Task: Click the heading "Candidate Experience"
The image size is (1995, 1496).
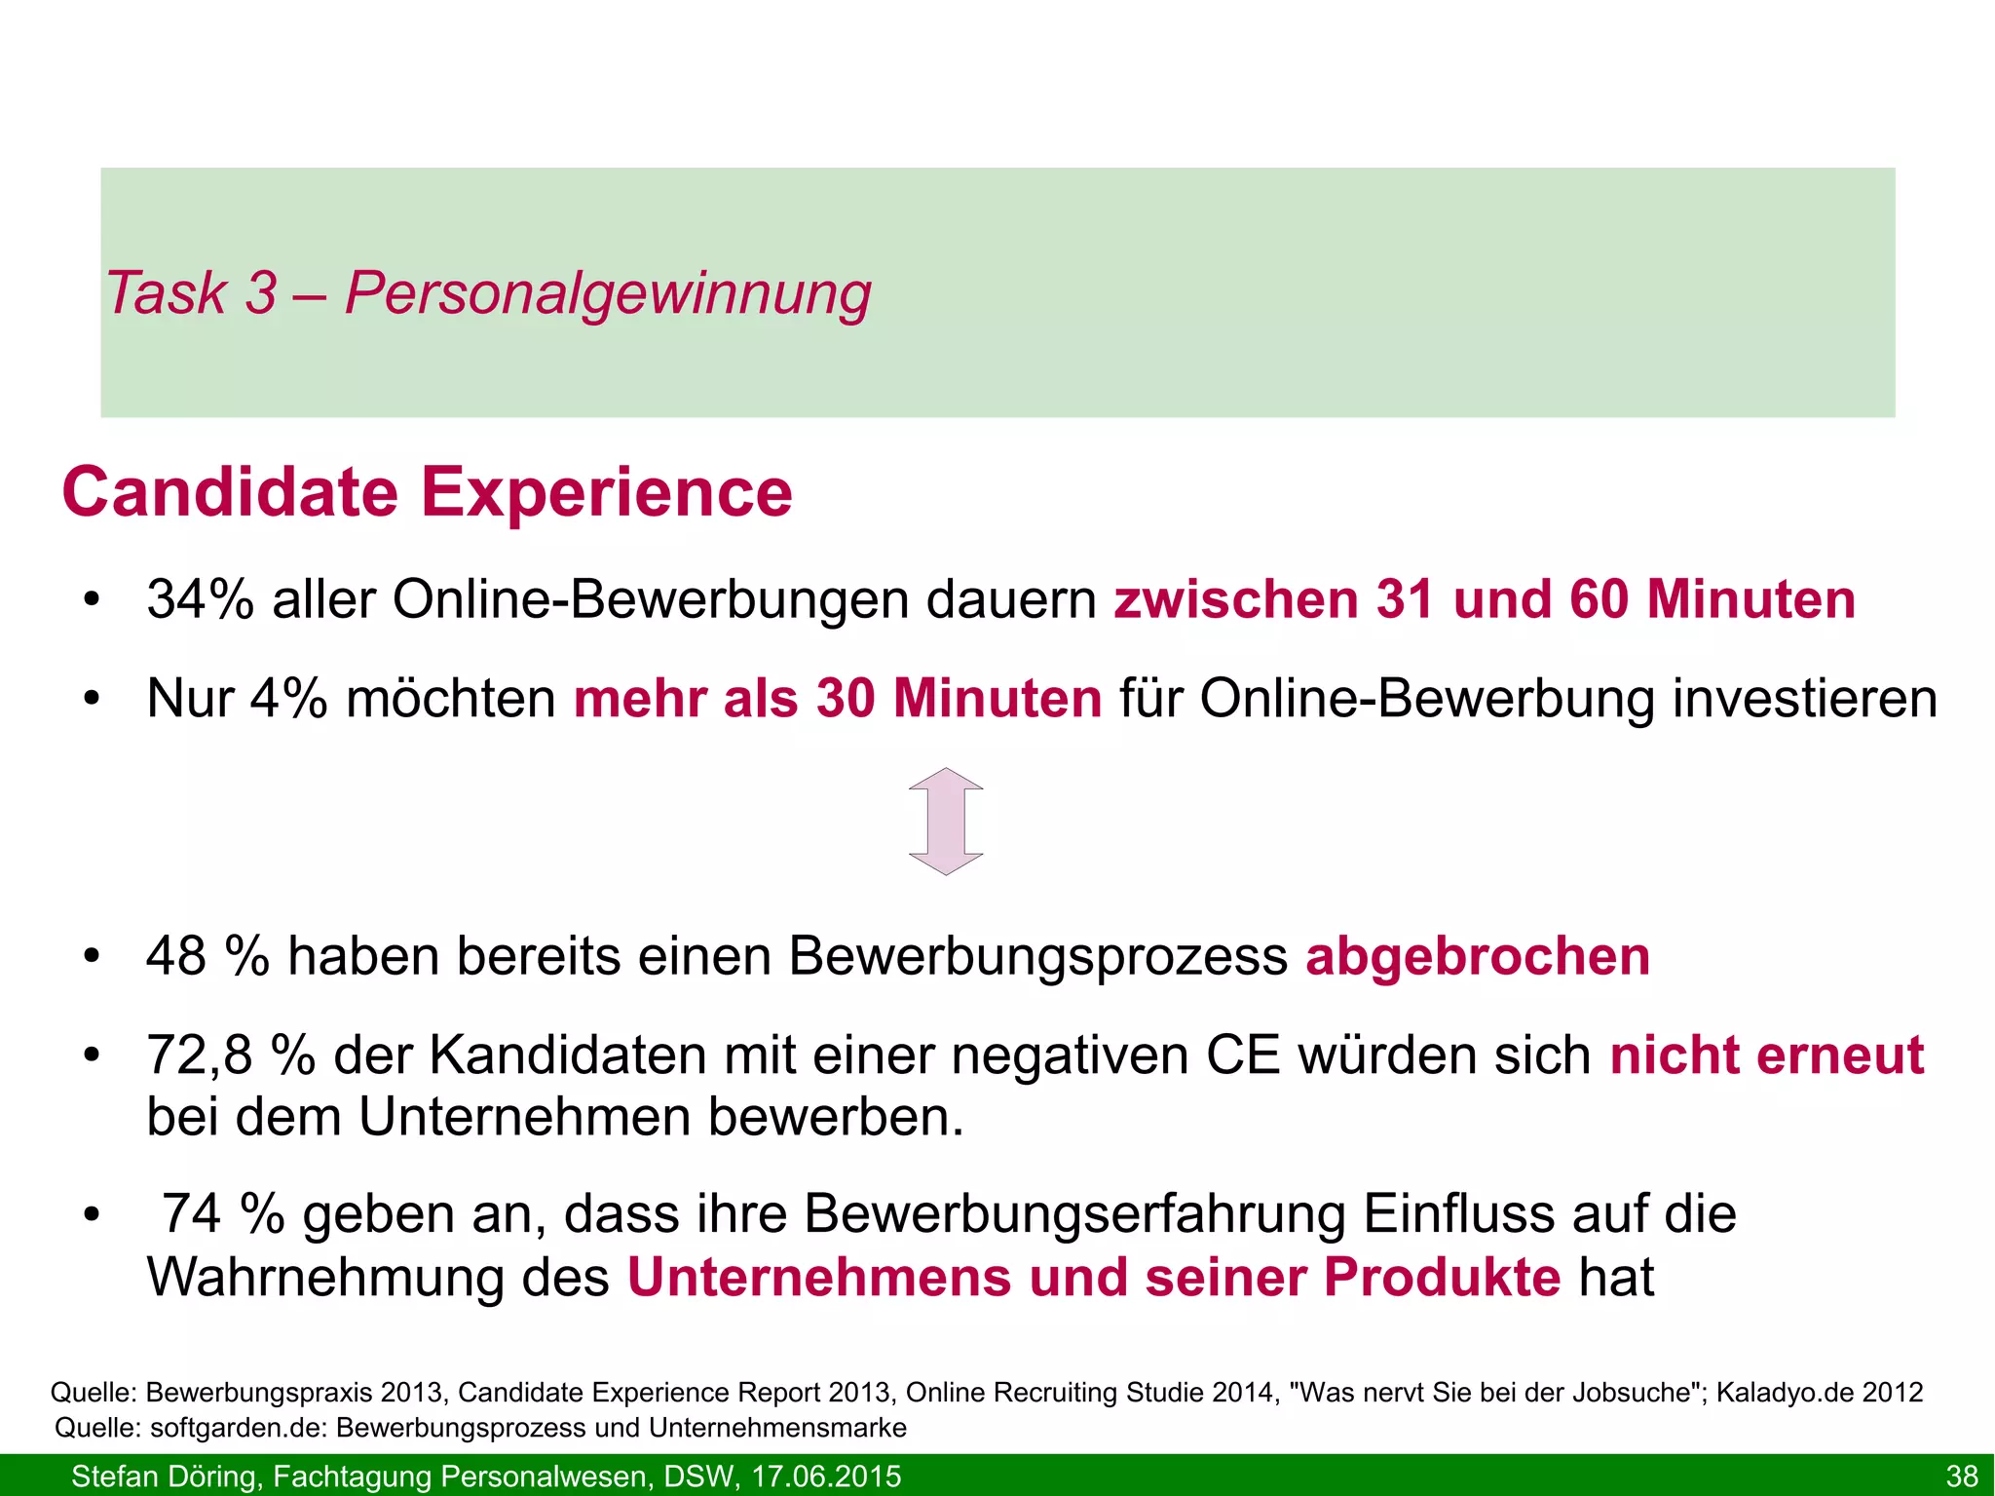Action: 427,493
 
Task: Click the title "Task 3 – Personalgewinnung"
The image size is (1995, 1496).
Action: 487,293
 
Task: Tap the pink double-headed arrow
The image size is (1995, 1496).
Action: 946,821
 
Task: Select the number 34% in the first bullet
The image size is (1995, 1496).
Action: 200,599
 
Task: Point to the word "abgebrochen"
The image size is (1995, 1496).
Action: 1478,956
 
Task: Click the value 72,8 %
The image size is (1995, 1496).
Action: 230,1055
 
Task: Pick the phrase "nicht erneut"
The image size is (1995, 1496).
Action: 1767,1055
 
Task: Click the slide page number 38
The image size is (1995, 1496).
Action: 1961,1476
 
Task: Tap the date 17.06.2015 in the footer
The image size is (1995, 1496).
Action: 826,1477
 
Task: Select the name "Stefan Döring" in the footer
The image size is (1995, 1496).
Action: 163,1477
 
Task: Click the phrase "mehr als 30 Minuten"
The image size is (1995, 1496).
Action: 838,699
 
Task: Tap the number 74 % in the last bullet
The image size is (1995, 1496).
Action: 222,1214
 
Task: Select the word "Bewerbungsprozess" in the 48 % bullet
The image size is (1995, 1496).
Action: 1038,956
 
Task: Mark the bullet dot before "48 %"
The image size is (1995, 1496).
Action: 92,957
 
